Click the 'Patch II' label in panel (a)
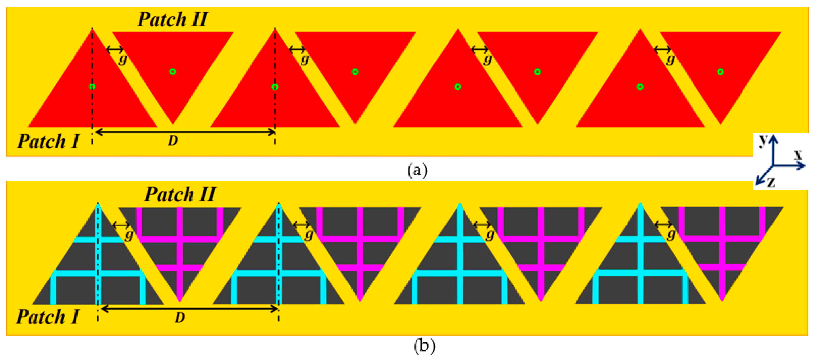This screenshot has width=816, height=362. [173, 20]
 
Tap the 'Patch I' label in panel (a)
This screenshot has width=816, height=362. [48, 141]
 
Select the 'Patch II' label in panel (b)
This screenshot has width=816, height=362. [180, 194]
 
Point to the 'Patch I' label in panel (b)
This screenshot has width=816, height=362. [48, 317]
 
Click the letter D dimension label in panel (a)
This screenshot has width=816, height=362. [173, 141]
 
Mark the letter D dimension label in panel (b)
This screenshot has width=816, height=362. [180, 317]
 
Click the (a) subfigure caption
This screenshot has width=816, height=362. [417, 170]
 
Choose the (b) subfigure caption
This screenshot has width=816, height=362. [425, 346]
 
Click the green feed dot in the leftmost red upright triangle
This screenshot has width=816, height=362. [92, 86]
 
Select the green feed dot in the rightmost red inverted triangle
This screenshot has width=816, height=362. [720, 72]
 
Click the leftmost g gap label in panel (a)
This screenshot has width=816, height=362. [123, 59]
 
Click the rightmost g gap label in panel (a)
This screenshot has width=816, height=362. [670, 59]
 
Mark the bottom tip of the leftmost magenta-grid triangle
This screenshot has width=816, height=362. [179, 300]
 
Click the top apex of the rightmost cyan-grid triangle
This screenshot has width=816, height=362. [640, 204]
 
